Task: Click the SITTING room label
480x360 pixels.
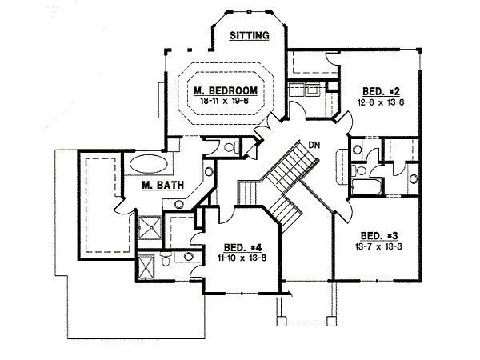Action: click(250, 35)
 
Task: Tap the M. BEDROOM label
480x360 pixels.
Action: click(226, 90)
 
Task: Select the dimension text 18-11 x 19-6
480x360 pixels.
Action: click(224, 101)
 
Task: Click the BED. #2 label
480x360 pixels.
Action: click(381, 91)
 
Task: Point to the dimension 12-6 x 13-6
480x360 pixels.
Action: click(381, 102)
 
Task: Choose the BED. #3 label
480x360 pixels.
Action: click(379, 236)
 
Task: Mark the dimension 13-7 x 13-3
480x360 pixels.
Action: click(378, 246)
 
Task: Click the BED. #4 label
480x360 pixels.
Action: click(242, 247)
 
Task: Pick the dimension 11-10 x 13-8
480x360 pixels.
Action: click(242, 258)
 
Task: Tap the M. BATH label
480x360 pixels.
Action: click(163, 186)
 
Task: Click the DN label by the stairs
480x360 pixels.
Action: click(314, 145)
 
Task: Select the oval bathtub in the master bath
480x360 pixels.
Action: click(149, 164)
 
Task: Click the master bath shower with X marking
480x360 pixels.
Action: click(150, 227)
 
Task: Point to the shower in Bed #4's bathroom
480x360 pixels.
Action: click(146, 266)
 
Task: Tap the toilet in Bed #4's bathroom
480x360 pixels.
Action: click(166, 259)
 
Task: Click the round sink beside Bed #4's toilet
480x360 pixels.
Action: click(189, 256)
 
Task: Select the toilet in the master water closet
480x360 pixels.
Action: click(232, 147)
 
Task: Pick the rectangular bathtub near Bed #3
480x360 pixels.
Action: click(366, 187)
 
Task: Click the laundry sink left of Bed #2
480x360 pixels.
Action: click(313, 90)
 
